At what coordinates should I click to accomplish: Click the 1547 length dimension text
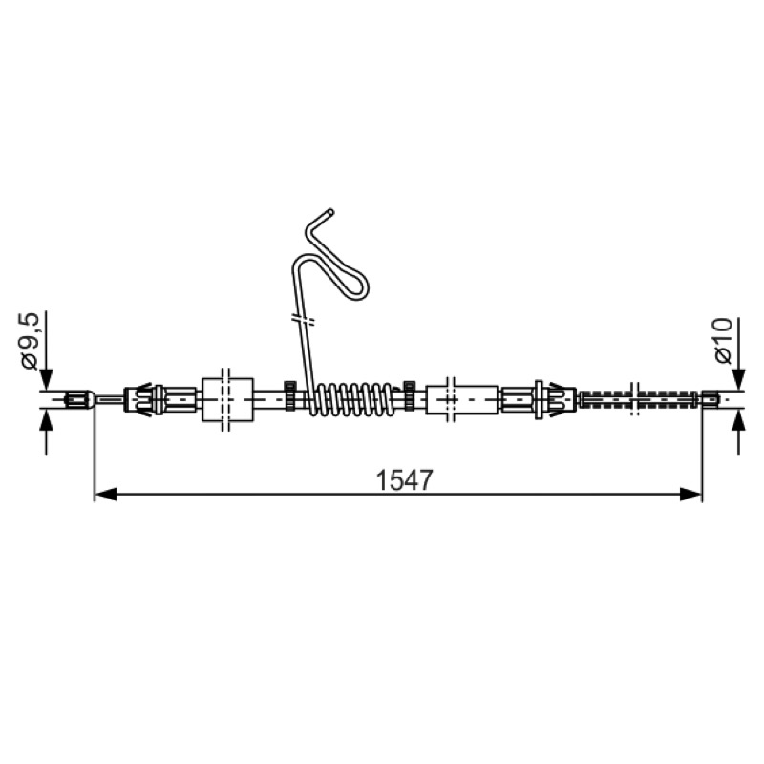click(404, 480)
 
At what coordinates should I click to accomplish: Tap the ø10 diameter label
click(724, 341)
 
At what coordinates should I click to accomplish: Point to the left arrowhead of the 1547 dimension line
click(106, 494)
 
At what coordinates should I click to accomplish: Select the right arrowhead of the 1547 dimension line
click(690, 494)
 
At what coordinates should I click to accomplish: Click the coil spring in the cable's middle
click(351, 399)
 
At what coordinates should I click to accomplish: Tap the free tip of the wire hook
click(330, 212)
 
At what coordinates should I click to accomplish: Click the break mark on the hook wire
click(303, 320)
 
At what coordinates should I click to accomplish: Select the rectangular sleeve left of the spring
click(227, 399)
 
